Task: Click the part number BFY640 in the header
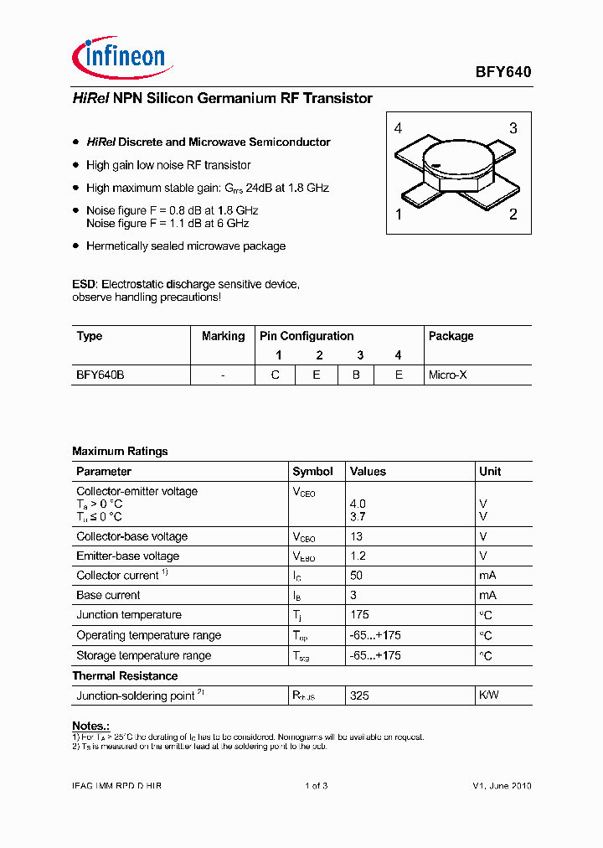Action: click(x=504, y=72)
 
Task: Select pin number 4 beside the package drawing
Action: click(x=398, y=128)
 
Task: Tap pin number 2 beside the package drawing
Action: click(x=513, y=215)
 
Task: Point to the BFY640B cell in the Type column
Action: click(x=100, y=375)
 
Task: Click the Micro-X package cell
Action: click(x=448, y=375)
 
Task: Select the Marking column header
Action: click(x=223, y=336)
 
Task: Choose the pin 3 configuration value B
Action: click(x=356, y=375)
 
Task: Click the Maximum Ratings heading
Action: click(x=120, y=451)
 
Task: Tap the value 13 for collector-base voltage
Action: click(x=356, y=536)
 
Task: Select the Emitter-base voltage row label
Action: click(x=127, y=556)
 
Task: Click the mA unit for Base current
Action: click(x=487, y=595)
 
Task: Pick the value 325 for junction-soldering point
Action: click(x=359, y=695)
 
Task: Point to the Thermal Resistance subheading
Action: click(x=125, y=675)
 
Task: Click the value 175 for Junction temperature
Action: click(x=359, y=615)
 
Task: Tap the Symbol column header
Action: click(x=312, y=472)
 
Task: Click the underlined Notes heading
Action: click(x=90, y=726)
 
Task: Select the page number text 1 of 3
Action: click(x=316, y=785)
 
